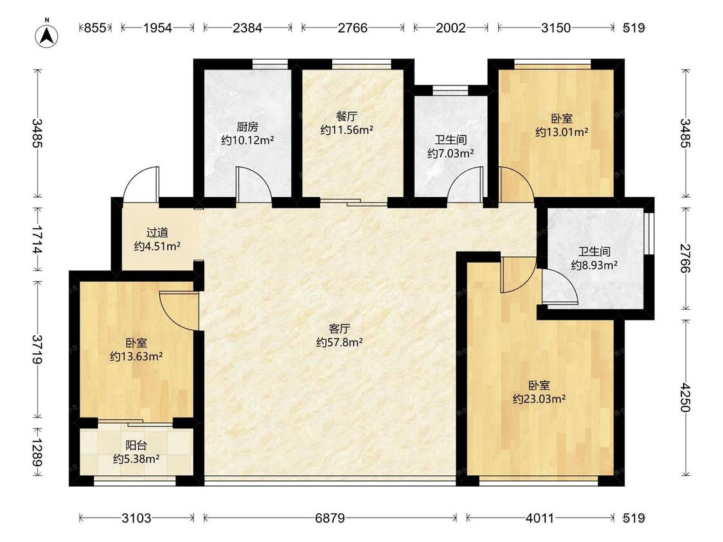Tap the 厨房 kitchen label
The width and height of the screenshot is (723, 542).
pos(247,127)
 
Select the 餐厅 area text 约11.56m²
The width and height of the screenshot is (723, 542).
pos(347,130)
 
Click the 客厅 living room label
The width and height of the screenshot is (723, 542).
pos(339,329)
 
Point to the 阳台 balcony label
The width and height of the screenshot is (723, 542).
pos(136,446)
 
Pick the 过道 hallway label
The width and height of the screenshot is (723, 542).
pos(157,232)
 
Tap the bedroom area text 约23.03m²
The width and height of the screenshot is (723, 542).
pos(539,399)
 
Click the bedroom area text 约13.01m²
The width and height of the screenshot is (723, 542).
pos(562,132)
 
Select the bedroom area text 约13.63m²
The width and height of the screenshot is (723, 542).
pos(136,356)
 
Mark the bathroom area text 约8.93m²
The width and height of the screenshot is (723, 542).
pos(594,265)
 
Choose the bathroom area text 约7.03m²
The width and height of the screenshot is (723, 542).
pos(451,153)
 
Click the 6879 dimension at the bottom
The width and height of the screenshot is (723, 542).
pos(330,518)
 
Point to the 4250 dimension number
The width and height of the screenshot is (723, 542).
pos(684,398)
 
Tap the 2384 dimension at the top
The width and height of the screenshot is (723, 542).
pos(247,28)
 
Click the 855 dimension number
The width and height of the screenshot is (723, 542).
pos(95,28)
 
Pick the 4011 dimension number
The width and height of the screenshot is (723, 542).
pos(539,518)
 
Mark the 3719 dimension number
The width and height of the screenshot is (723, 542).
pos(38,349)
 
